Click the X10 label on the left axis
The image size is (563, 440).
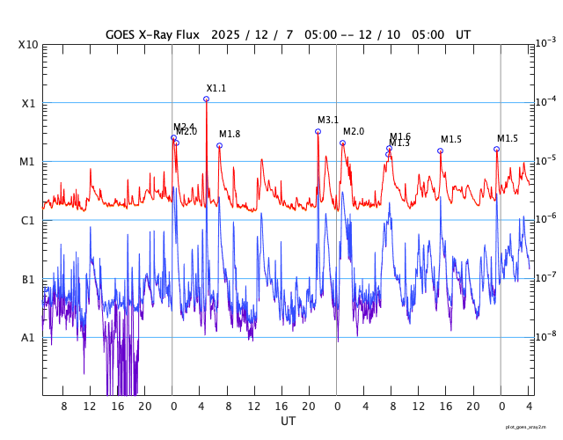click(x=27, y=45)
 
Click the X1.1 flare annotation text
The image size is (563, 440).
click(x=216, y=89)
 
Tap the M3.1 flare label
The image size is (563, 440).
click(x=328, y=121)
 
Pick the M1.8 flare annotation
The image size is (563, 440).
click(x=230, y=135)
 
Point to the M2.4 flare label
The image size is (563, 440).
click(x=183, y=127)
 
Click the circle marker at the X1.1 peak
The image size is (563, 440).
click(x=207, y=99)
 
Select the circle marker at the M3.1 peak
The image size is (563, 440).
click(x=318, y=132)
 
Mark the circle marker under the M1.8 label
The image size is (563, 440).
click(x=219, y=146)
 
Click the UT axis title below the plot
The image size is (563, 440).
click(x=289, y=422)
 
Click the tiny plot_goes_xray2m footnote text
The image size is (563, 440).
click(x=531, y=427)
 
